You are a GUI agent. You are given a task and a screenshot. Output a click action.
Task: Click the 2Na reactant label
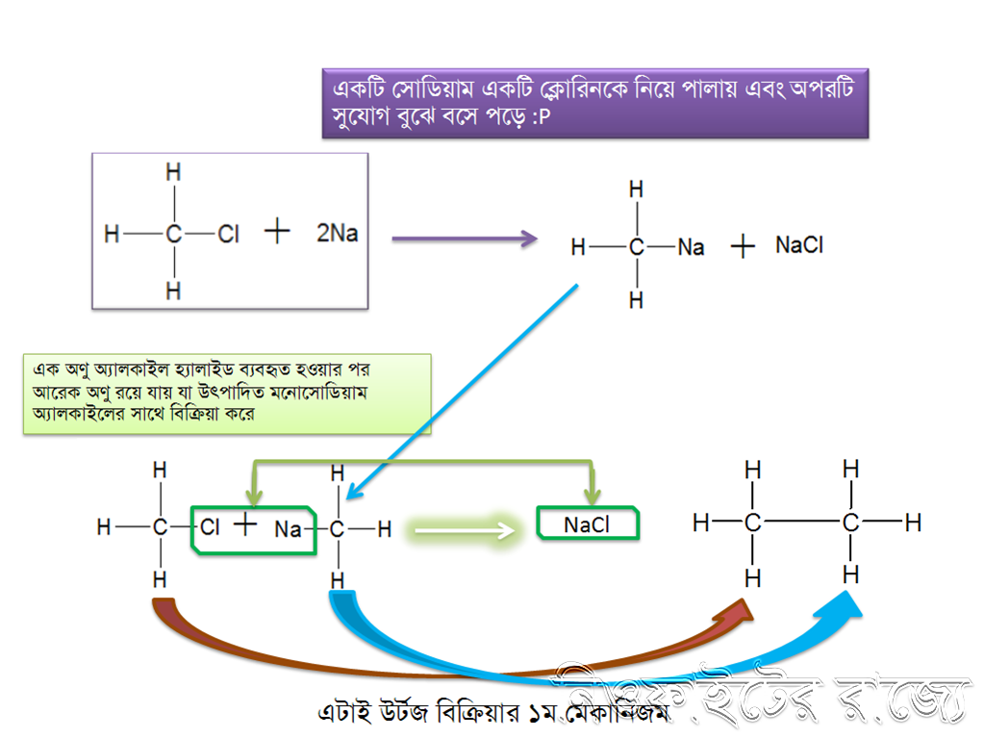337,233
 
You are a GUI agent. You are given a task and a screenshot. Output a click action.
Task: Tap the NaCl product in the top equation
799,245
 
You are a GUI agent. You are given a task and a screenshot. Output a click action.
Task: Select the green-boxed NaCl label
587,525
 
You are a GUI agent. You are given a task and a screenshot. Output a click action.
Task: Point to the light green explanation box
227,394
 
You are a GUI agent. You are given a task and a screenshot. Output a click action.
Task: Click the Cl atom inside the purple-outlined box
228,234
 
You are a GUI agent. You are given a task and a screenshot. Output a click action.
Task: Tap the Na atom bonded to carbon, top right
691,247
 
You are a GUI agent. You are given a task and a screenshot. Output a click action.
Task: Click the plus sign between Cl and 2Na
277,232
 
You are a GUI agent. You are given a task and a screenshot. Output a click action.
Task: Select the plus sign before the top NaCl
742,246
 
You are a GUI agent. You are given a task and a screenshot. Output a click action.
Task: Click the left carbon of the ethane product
752,523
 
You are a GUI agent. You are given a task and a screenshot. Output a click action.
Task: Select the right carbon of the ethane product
850,523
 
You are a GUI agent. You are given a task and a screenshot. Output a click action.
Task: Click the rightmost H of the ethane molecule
913,523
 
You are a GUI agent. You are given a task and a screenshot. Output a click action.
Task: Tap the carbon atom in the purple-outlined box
173,234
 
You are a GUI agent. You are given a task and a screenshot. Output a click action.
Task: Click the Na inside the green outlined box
288,529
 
